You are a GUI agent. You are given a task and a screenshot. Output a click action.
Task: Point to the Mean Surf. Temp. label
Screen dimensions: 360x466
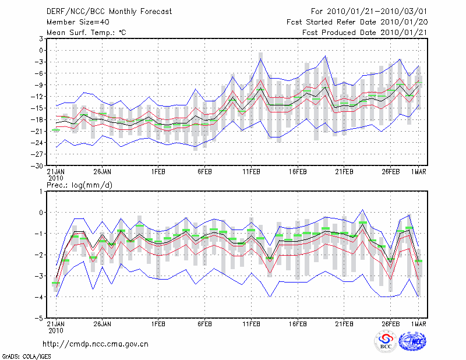(x=86, y=33)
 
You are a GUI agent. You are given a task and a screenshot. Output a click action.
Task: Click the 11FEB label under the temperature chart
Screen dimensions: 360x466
(x=251, y=172)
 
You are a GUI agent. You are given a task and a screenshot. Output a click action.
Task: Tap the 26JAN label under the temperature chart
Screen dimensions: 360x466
(x=102, y=172)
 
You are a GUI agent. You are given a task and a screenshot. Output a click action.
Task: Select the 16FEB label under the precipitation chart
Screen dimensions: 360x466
(x=298, y=323)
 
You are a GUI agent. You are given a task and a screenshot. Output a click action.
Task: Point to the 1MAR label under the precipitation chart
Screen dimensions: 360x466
(x=419, y=323)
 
